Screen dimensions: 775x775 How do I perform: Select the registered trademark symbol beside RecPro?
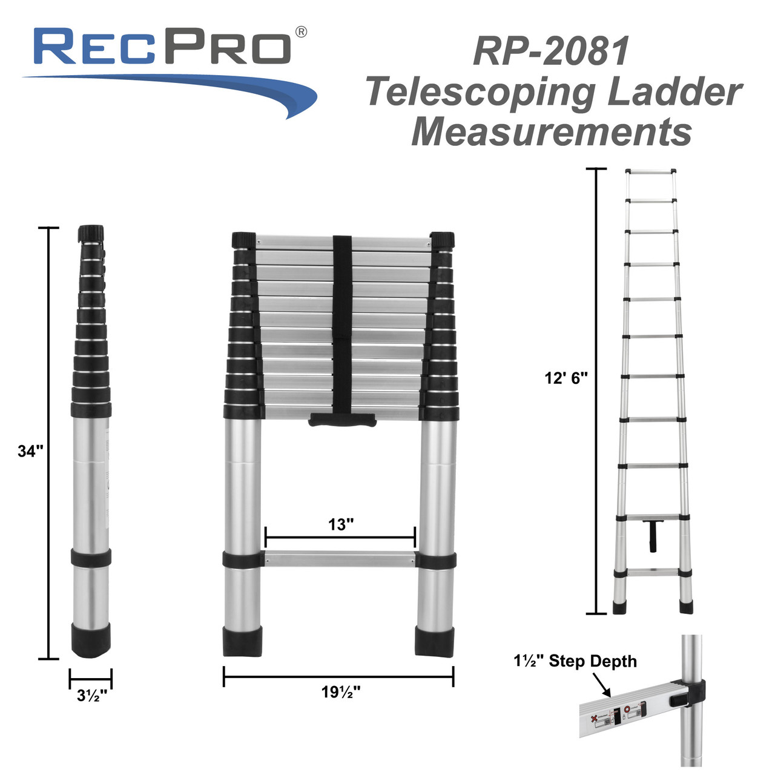pyautogui.click(x=300, y=32)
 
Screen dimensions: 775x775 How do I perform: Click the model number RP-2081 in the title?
pyautogui.click(x=551, y=51)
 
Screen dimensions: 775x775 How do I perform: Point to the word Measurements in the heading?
pyautogui.click(x=552, y=132)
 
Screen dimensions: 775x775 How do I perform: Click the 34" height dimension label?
pyautogui.click(x=30, y=451)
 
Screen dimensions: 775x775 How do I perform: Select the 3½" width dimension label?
pyautogui.click(x=92, y=696)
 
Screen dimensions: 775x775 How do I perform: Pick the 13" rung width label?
pyautogui.click(x=341, y=524)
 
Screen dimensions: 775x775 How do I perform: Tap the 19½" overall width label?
pyautogui.click(x=341, y=691)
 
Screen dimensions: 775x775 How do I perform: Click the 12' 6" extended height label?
pyautogui.click(x=566, y=378)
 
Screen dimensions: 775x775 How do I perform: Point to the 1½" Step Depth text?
pyautogui.click(x=575, y=661)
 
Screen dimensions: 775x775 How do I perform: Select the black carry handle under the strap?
pyautogui.click(x=343, y=420)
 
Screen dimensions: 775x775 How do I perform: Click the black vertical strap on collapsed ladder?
pyautogui.click(x=343, y=321)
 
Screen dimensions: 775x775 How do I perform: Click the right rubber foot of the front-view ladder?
pyautogui.click(x=435, y=641)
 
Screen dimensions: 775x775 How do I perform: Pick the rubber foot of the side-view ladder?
pyautogui.click(x=91, y=640)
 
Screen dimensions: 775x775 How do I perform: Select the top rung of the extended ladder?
pyautogui.click(x=651, y=172)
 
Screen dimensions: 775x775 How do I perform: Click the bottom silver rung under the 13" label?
pyautogui.click(x=340, y=559)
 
